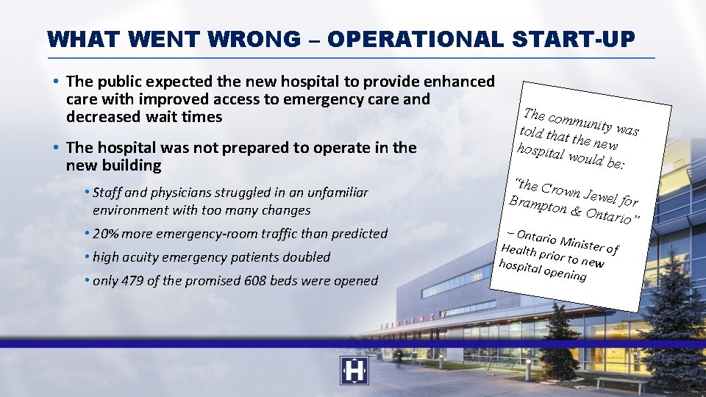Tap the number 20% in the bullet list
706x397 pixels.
(x=107, y=234)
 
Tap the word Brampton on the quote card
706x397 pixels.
(x=538, y=206)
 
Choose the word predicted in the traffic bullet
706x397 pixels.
(x=358, y=234)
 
